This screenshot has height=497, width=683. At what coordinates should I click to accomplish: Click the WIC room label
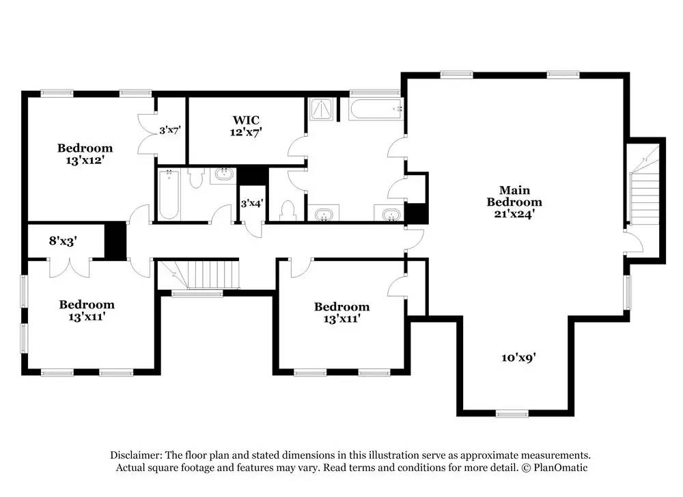pos(246,120)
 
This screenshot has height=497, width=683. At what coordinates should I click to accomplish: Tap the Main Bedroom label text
pos(514,196)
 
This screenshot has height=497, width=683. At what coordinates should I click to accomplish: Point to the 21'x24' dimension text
pos(514,214)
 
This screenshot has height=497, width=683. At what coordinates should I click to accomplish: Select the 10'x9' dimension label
pos(518,358)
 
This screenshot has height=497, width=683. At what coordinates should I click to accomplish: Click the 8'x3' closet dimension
pos(63,241)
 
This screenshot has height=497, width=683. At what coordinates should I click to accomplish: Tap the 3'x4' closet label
pos(252,203)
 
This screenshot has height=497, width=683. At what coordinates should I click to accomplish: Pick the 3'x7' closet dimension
pos(170,130)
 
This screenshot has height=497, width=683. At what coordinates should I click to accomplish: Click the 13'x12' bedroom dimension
pos(85,161)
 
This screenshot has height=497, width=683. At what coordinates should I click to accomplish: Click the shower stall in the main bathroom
pos(321,109)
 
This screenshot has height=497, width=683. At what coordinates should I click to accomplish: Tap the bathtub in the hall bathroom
pos(169,194)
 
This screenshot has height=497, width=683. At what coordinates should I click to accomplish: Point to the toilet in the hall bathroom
pos(197,178)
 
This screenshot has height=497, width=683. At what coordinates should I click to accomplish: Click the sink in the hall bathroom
pos(224,175)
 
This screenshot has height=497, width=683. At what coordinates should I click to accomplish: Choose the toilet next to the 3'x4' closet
pos(288,211)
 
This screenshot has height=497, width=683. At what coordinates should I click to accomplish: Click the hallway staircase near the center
pos(198,273)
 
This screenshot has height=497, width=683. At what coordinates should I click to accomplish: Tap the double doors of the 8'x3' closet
pos(70,267)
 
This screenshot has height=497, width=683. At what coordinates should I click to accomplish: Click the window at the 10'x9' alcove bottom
pos(512,414)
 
